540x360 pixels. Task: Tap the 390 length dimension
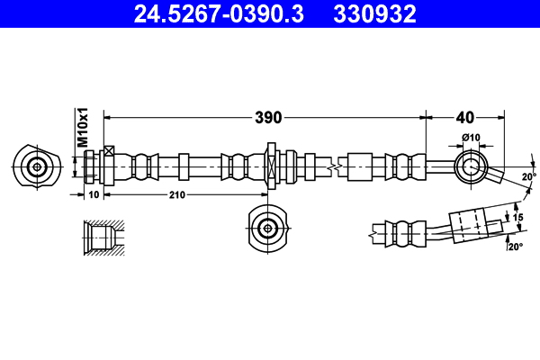(268, 117)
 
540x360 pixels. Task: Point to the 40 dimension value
(464, 117)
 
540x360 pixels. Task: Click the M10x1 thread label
(81, 127)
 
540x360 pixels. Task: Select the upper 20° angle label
(528, 176)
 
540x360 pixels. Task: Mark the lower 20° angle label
(515, 247)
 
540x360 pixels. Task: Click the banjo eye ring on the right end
(471, 166)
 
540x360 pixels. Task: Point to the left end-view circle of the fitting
(36, 166)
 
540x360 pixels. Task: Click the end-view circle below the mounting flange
(267, 228)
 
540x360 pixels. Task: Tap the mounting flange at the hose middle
(270, 166)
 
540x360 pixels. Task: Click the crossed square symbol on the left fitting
(109, 151)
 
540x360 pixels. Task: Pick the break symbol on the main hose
(334, 166)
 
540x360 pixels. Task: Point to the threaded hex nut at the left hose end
(92, 166)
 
